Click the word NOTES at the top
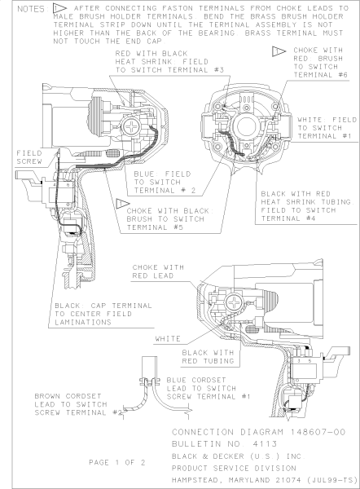[x=31, y=9]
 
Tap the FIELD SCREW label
[x=29, y=157]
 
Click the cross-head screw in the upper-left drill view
[x=131, y=126]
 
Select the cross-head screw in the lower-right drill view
[x=233, y=302]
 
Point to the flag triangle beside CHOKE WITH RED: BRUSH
[x=278, y=51]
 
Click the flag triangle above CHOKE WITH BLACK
[x=122, y=203]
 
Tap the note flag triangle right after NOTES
[x=59, y=8]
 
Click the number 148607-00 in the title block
[x=318, y=432]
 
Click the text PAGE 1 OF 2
[x=117, y=462]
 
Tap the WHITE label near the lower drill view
[x=168, y=339]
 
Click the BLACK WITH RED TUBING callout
[x=208, y=357]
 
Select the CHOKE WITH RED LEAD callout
[x=158, y=271]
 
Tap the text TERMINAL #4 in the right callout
[x=288, y=218]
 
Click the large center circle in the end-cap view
[x=247, y=126]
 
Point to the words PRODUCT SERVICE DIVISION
[x=234, y=468]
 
